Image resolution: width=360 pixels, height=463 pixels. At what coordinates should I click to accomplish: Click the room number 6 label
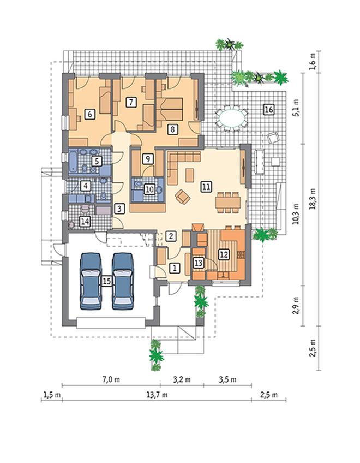point(90,114)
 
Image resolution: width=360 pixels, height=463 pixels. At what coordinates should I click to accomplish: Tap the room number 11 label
point(206,187)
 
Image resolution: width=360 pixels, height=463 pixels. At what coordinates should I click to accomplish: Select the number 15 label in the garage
point(106,281)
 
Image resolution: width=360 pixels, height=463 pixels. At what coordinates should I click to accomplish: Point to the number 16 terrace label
point(268,110)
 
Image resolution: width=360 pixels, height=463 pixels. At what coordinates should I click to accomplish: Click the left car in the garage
point(91,281)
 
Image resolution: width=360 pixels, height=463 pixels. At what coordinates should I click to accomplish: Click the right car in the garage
point(123,281)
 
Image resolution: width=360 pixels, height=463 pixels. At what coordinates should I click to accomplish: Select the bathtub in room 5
point(73,162)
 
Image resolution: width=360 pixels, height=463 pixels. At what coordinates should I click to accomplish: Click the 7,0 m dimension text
point(111,379)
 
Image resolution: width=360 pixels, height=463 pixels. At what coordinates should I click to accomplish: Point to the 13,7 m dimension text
point(157,395)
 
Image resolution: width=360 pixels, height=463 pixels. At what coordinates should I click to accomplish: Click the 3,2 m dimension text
point(182,379)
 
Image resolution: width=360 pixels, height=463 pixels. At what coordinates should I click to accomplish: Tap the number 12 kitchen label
point(224,254)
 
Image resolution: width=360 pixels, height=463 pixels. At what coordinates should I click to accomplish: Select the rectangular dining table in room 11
point(227,203)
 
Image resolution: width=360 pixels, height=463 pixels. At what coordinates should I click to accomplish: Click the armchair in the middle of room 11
point(183,197)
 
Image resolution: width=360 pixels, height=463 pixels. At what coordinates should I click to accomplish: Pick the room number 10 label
point(150,189)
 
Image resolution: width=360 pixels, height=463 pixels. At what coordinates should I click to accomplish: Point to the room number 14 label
point(85,221)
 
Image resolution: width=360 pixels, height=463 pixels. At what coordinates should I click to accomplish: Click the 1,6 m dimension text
point(313,61)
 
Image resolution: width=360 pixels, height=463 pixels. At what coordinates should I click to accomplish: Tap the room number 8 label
point(172,129)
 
